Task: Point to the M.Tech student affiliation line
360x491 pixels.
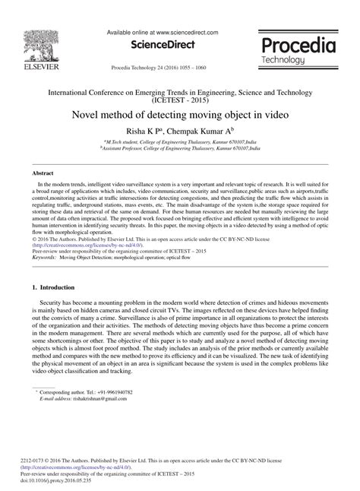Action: pos(181,142)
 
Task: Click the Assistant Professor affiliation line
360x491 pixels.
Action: pos(181,150)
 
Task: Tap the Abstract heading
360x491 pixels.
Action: pos(43,174)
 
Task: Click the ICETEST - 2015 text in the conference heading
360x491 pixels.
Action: pos(179,99)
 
